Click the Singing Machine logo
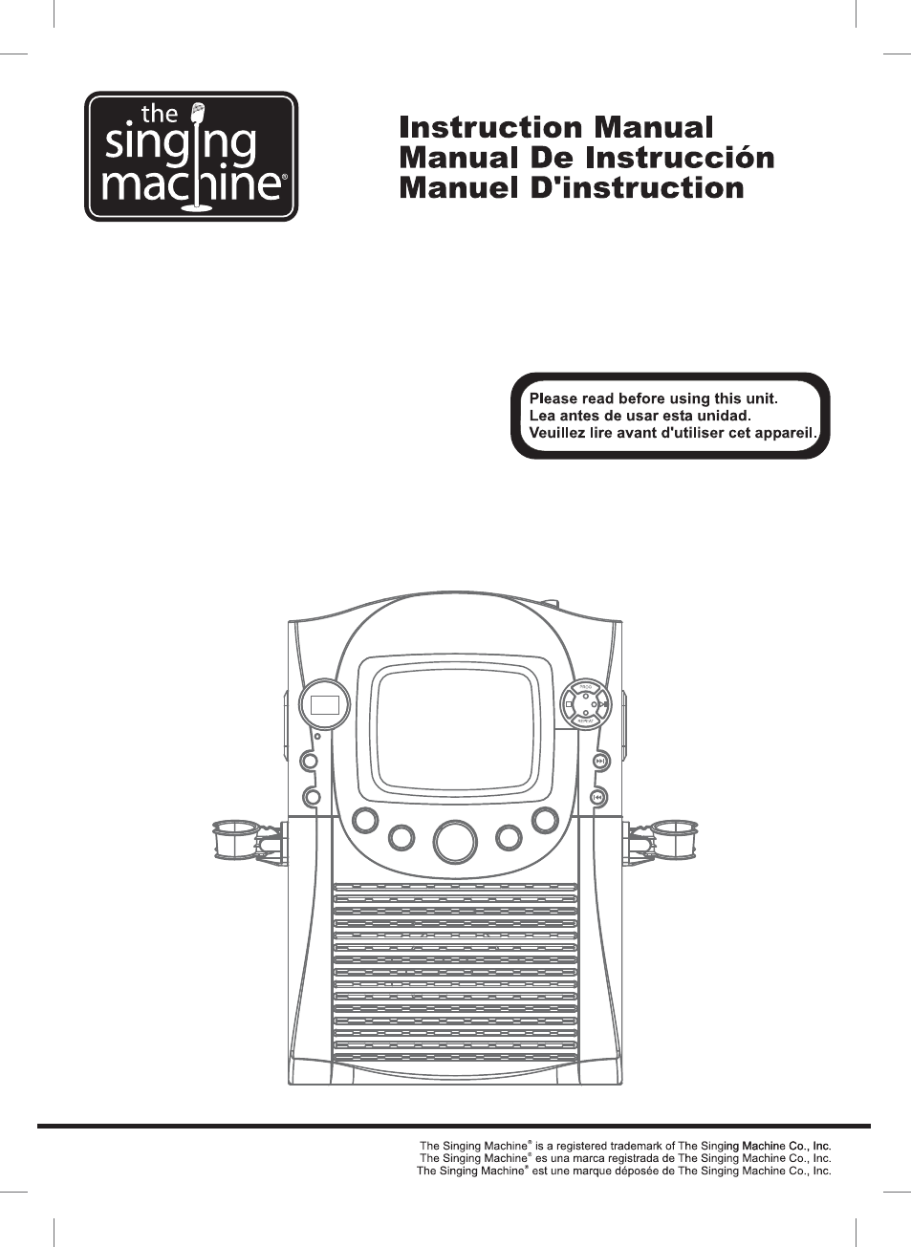tap(191, 157)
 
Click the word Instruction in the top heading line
tap(489, 128)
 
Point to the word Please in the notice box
tap(553, 398)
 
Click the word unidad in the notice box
tap(724, 416)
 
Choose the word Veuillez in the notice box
tap(557, 433)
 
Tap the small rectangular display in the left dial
tap(325, 706)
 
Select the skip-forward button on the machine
tap(599, 762)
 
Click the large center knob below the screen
tap(455, 842)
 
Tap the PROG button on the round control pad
tap(586, 688)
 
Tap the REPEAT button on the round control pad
tap(586, 721)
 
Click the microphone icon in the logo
tap(198, 114)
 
